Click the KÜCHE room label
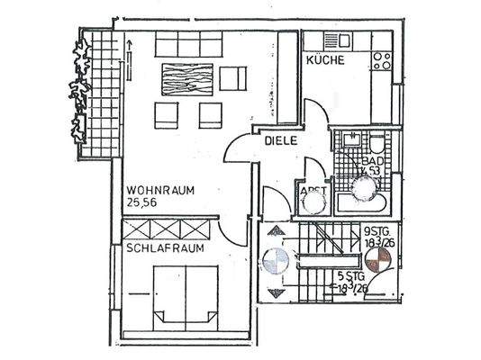click(323, 59)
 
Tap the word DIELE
click(280, 141)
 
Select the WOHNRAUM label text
click(159, 190)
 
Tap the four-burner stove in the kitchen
click(382, 58)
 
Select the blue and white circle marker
click(274, 264)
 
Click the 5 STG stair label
click(351, 283)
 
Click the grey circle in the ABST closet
click(313, 202)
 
